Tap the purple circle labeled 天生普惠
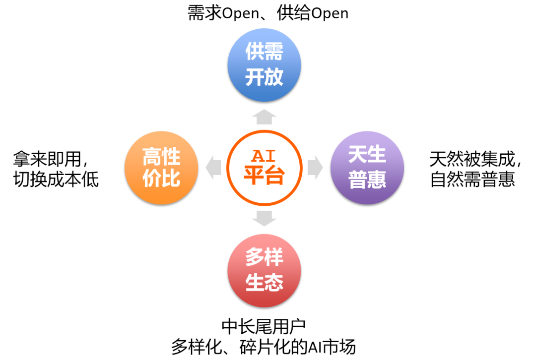(367, 168)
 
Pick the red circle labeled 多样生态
(264, 271)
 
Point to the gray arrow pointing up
(264, 117)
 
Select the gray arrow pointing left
(214, 167)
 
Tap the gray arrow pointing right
(315, 167)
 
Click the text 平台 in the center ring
(264, 175)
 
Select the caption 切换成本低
(56, 179)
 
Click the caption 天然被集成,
(475, 159)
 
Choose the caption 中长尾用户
(264, 326)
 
